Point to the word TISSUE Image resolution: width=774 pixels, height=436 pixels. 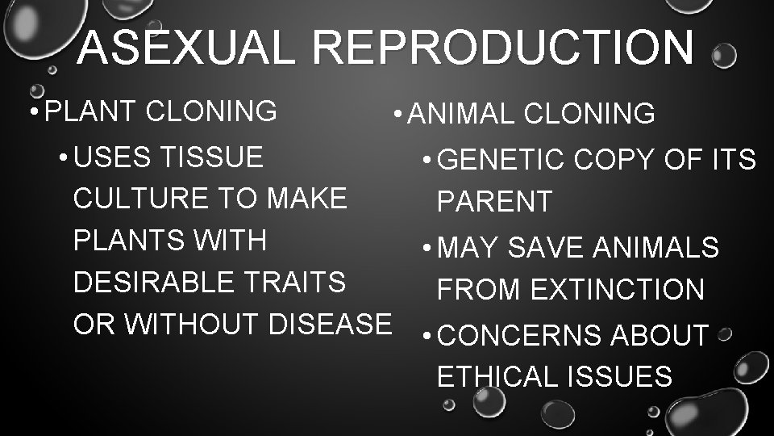[x=211, y=157]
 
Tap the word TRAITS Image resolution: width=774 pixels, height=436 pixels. [x=299, y=282]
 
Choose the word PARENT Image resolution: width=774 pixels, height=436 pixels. [x=494, y=202]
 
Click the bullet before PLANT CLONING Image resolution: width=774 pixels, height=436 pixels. [x=31, y=111]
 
